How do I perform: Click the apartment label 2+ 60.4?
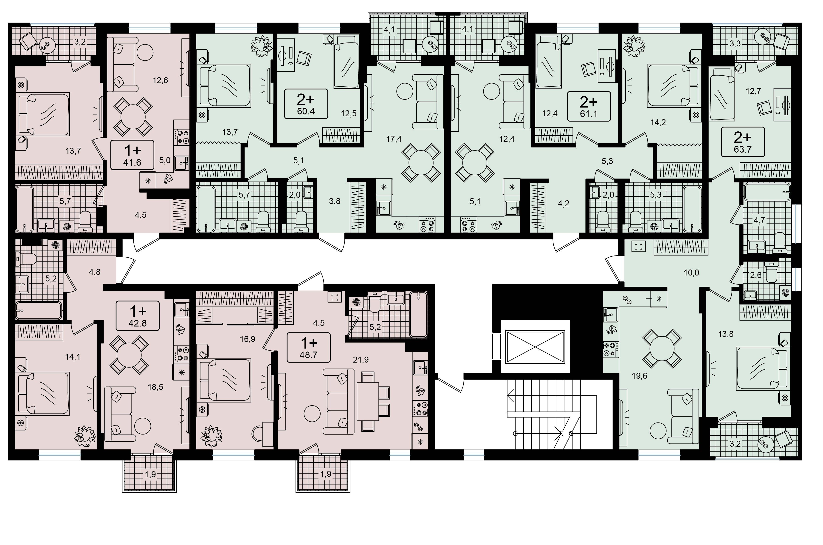pyautogui.click(x=306, y=104)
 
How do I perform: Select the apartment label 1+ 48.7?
pyautogui.click(x=308, y=348)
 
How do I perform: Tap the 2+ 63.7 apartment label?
pyautogui.click(x=743, y=142)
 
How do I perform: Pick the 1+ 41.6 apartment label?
pyautogui.click(x=132, y=155)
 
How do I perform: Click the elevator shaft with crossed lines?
pyautogui.click(x=535, y=346)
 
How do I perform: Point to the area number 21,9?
pyautogui.click(x=361, y=360)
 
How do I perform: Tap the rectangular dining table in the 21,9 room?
pyautogui.click(x=368, y=401)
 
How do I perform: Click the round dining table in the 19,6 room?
pyautogui.click(x=662, y=349)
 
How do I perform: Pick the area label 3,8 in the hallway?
pyautogui.click(x=335, y=201)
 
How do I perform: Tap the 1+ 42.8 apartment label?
pyautogui.click(x=138, y=316)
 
